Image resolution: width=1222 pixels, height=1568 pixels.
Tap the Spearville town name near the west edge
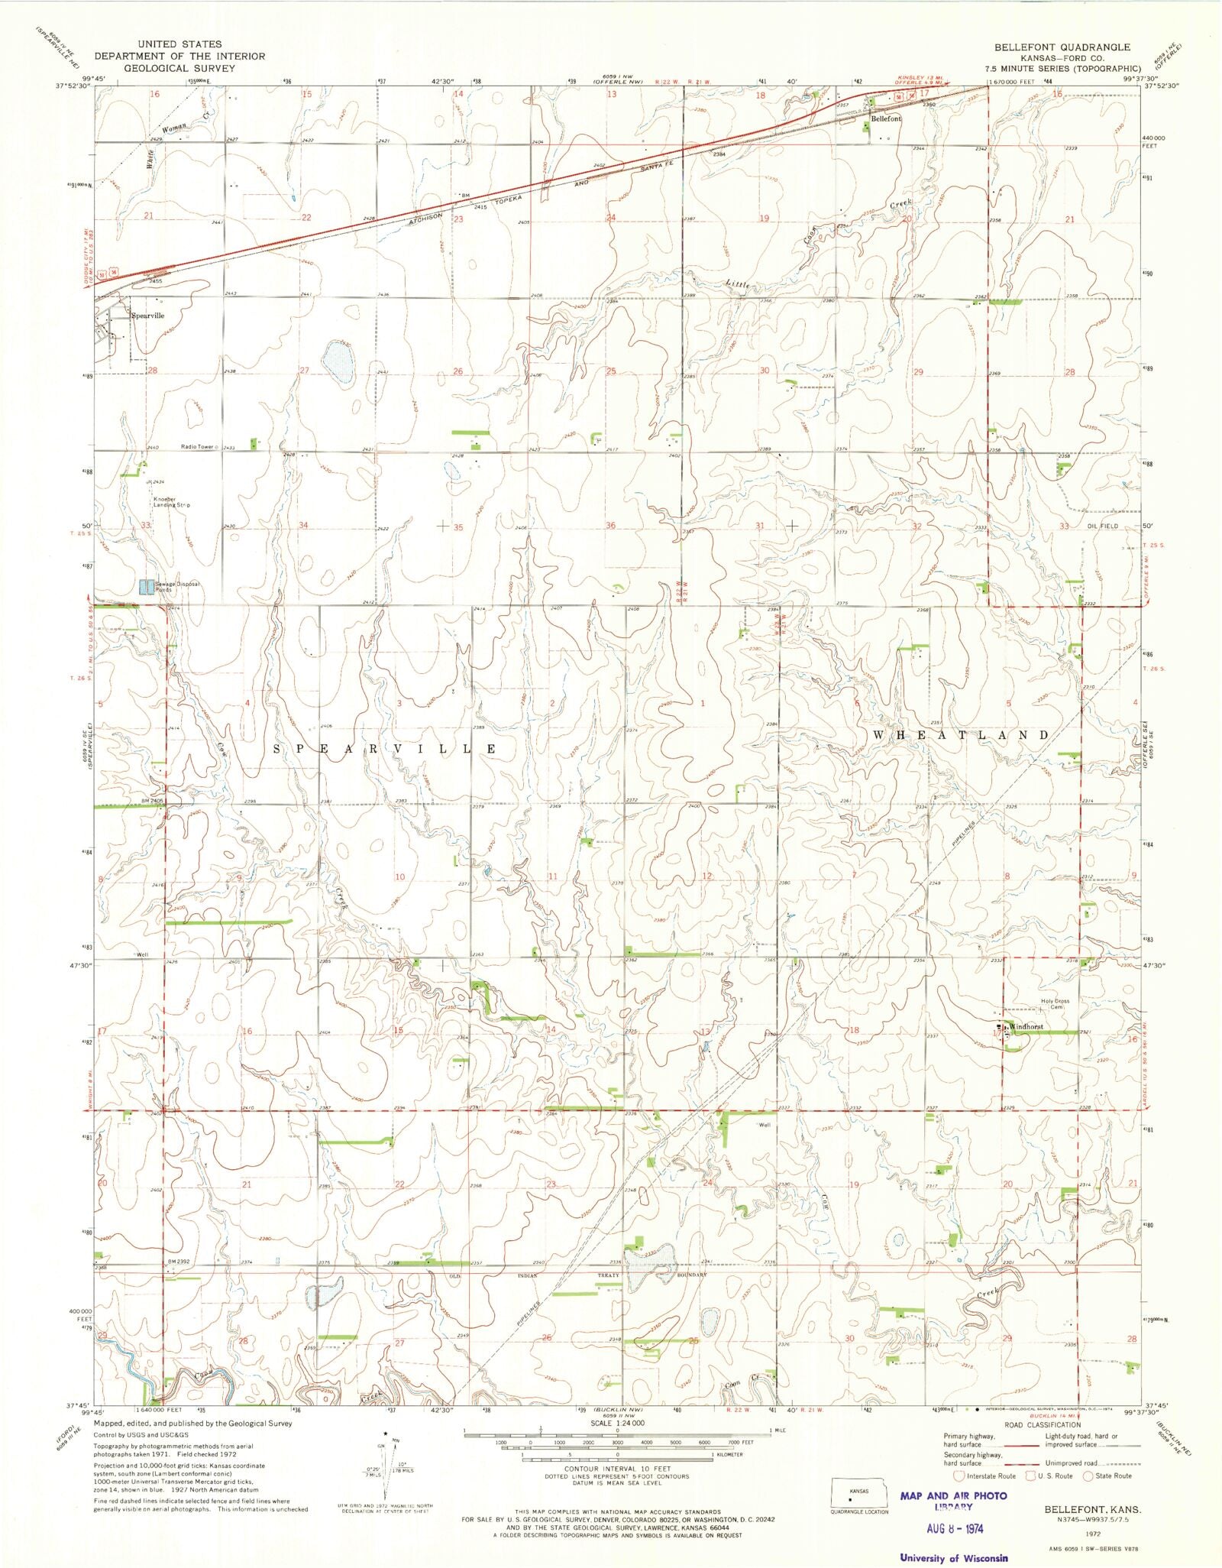tap(147, 316)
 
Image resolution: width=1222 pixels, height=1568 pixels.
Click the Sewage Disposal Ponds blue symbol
tap(147, 587)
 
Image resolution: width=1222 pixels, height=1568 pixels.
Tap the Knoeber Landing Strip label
tap(171, 502)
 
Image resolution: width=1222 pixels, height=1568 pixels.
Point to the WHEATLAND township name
tap(961, 735)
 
